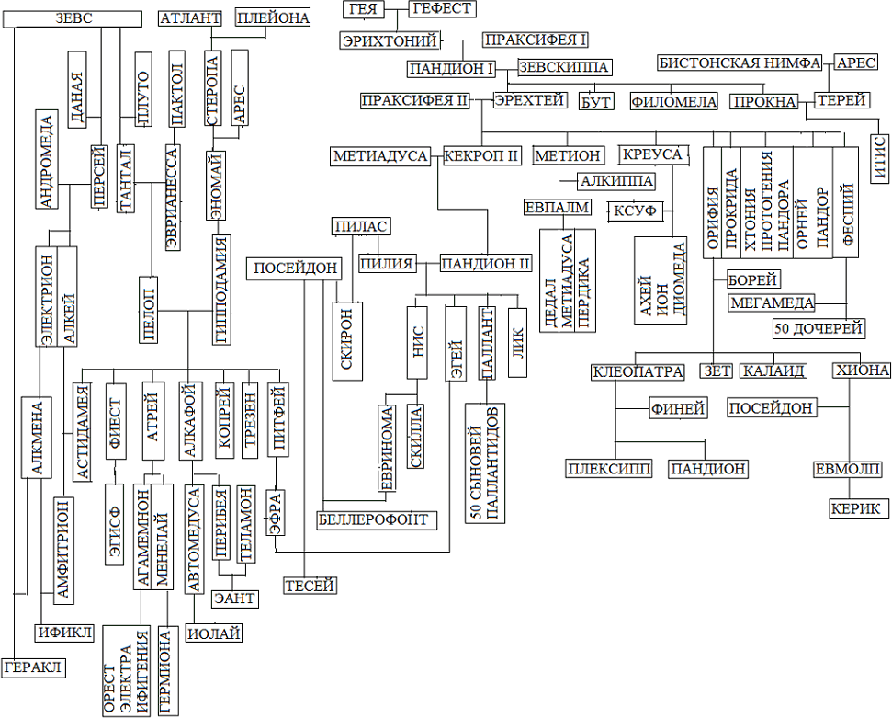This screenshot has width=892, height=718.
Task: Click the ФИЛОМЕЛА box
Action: pos(673,102)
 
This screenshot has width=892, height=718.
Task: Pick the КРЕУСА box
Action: pos(651,154)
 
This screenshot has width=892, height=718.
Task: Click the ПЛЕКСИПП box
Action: pos(609,469)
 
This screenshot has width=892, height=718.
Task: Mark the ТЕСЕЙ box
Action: pos(309,586)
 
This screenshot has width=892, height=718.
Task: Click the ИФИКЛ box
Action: pos(64,633)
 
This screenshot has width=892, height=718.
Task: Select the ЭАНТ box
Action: pos(234,598)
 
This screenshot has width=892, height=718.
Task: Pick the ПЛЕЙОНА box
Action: pos(274,17)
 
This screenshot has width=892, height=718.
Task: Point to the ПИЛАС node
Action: pos(361,226)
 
